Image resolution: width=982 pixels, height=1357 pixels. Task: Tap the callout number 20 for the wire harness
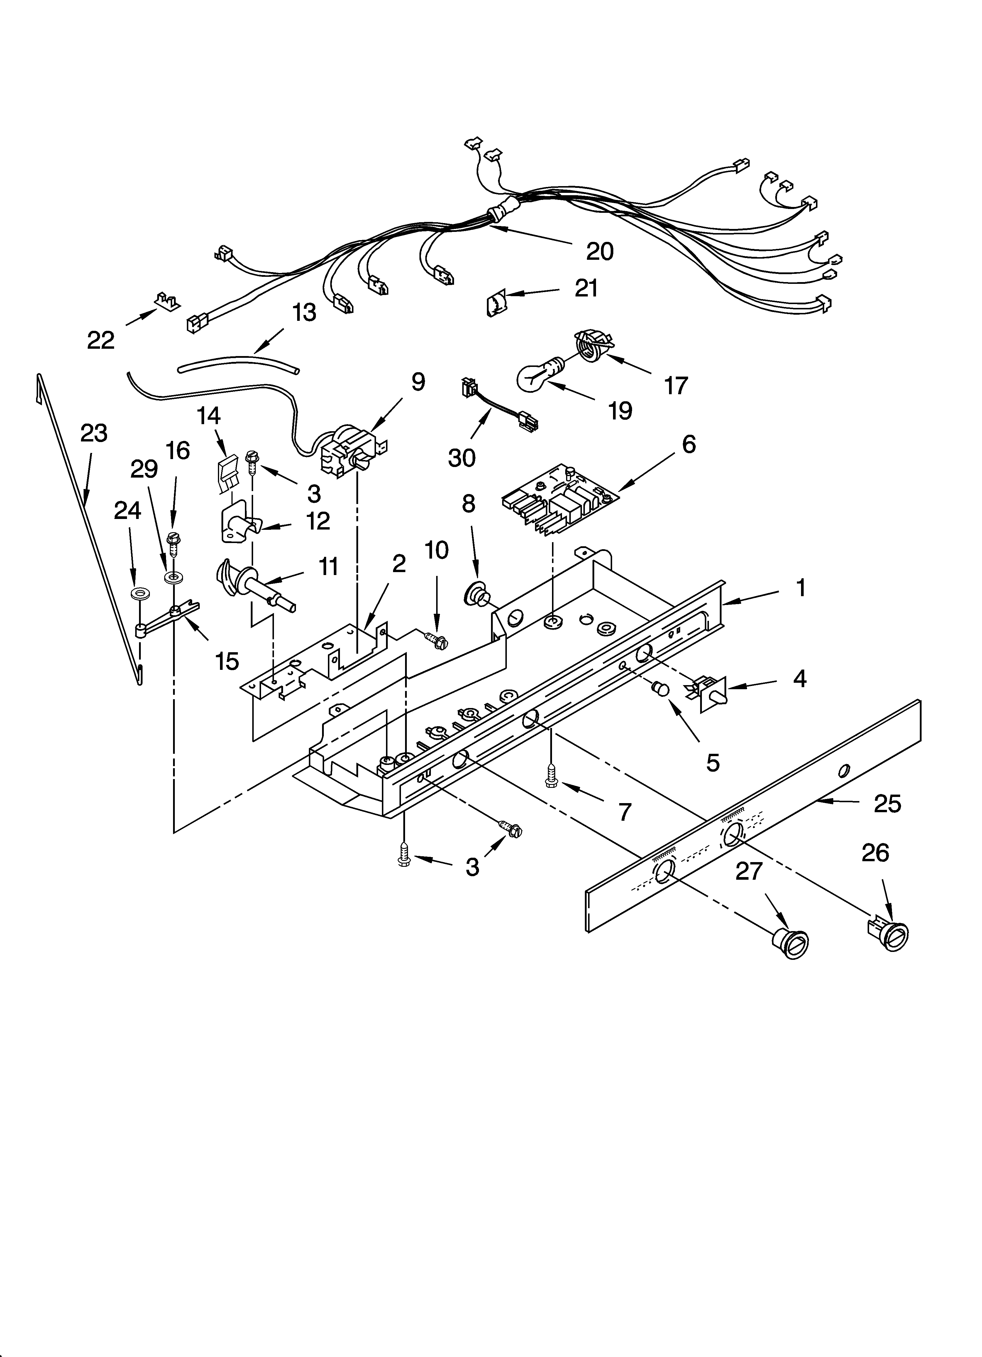coord(599,251)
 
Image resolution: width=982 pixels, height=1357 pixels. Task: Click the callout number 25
coord(887,804)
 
